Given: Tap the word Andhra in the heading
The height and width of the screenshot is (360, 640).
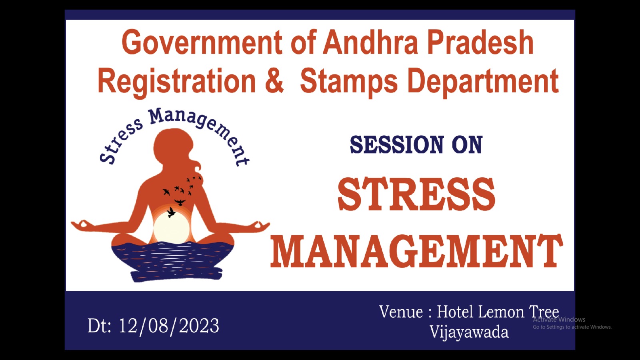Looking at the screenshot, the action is click(370, 42).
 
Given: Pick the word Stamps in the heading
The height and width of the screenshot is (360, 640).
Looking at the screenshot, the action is click(349, 82).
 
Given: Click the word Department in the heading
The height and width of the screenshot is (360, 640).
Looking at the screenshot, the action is click(483, 82).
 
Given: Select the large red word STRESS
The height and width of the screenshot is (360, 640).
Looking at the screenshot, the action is click(416, 194).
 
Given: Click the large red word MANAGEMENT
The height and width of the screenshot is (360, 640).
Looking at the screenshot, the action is click(416, 251).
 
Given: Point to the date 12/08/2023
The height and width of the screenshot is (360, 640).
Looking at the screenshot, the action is click(169, 326).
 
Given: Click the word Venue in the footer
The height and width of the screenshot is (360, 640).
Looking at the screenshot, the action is click(401, 312).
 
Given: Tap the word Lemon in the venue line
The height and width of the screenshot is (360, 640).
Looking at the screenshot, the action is click(501, 312).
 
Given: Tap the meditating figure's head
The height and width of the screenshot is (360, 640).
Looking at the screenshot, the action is click(174, 146).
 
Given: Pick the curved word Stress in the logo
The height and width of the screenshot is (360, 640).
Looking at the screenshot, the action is click(120, 141).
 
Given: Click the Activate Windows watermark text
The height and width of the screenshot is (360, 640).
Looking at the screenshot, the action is click(559, 320).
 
